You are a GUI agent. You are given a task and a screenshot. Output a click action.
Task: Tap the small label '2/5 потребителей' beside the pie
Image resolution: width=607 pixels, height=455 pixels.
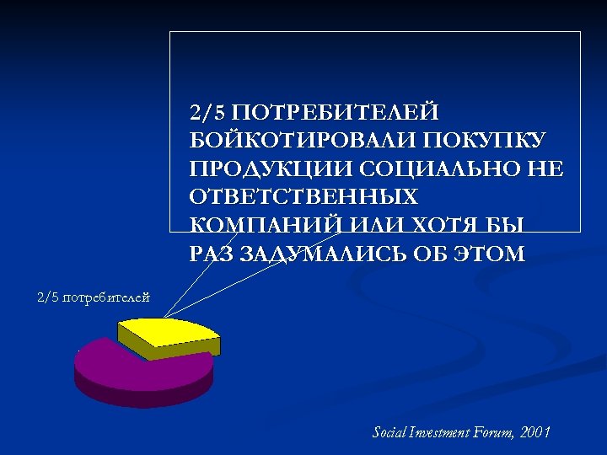(x=94, y=297)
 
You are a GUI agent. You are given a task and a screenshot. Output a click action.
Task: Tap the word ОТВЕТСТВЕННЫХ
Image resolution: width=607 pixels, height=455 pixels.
(x=303, y=197)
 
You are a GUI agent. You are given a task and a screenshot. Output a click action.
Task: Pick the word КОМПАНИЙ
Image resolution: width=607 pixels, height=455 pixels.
(x=261, y=226)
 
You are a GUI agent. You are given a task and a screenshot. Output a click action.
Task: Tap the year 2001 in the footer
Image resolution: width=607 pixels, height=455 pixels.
(x=536, y=432)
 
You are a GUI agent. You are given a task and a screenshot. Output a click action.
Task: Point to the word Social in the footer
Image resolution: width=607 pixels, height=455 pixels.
(x=390, y=432)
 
